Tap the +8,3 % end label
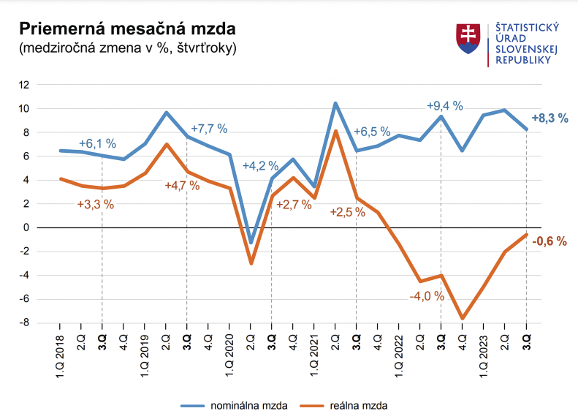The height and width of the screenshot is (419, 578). (550, 118)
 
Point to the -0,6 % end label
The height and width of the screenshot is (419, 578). (550, 241)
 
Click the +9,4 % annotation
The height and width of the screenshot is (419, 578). (445, 105)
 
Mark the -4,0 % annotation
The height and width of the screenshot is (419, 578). (426, 296)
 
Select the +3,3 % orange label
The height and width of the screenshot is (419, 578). (96, 204)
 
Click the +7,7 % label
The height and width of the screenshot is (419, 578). (209, 129)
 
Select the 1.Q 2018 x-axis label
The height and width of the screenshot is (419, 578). (60, 355)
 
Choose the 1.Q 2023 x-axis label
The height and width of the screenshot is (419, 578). (484, 355)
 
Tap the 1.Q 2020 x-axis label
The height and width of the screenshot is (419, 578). (229, 355)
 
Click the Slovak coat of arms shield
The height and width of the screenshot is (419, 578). (467, 39)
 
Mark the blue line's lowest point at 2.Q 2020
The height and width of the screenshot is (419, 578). (251, 243)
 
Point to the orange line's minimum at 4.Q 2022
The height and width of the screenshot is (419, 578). (463, 319)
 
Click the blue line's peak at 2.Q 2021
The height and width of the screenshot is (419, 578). (335, 103)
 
